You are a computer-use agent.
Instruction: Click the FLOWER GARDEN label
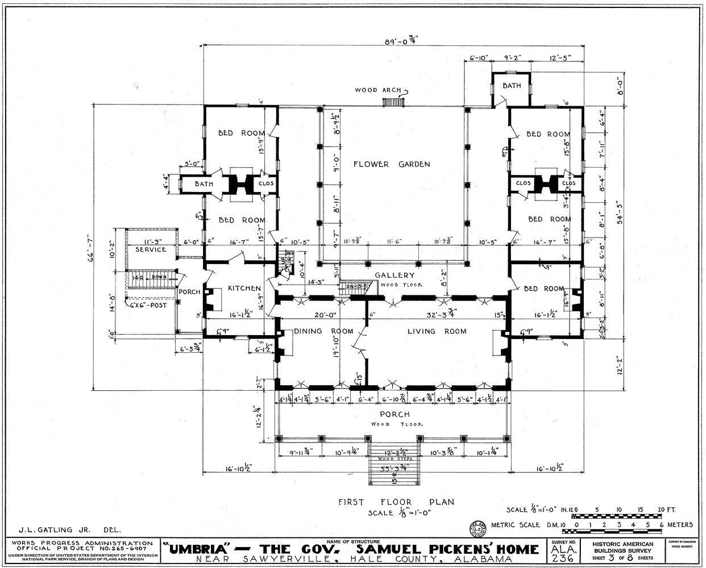pyautogui.click(x=391, y=165)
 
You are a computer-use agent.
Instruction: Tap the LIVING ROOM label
pyautogui.click(x=437, y=332)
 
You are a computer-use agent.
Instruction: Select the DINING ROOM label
pyautogui.click(x=323, y=332)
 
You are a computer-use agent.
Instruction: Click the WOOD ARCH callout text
pyautogui.click(x=377, y=90)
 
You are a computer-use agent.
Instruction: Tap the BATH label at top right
pyautogui.click(x=511, y=86)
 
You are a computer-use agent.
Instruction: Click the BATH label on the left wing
pyautogui.click(x=204, y=184)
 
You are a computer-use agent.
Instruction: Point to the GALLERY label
pyautogui.click(x=390, y=275)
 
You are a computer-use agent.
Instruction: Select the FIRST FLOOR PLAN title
pyautogui.click(x=396, y=502)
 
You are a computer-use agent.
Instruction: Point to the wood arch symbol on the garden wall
pyautogui.click(x=393, y=102)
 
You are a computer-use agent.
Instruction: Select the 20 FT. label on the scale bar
pyautogui.click(x=678, y=509)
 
